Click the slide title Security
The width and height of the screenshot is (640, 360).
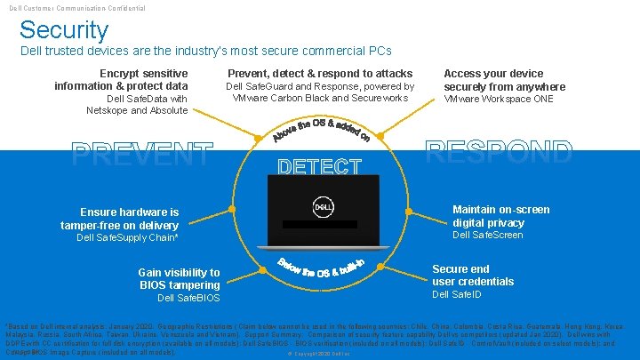point(64,30)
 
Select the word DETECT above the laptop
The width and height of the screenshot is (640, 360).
point(319,166)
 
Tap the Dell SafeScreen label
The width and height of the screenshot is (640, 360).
point(488,236)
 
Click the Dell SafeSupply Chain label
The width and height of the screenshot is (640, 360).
point(128,238)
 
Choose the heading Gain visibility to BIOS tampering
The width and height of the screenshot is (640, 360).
point(179,278)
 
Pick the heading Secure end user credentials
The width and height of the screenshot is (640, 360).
point(473,275)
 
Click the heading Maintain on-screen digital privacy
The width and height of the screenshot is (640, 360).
point(501,216)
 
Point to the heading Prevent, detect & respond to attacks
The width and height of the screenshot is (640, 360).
point(320,73)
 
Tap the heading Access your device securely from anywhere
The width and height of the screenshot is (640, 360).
point(504,80)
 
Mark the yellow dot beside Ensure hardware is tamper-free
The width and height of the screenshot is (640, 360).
point(232,210)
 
